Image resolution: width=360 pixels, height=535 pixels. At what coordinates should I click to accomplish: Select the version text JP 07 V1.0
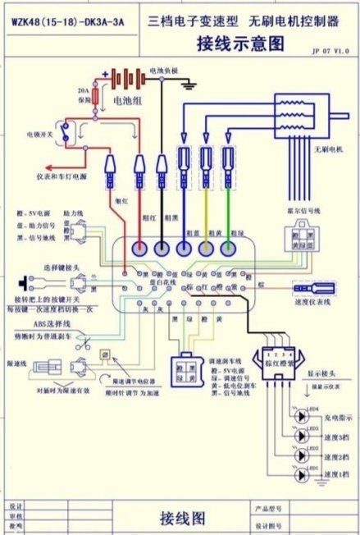330,50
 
